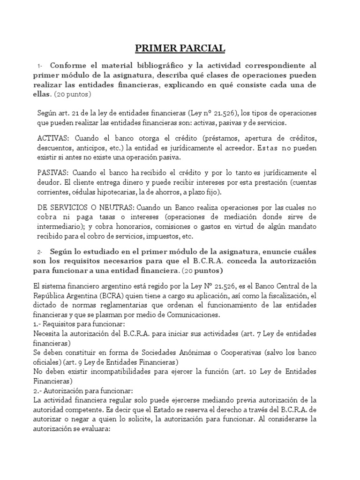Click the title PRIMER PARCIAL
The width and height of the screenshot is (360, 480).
coord(180,48)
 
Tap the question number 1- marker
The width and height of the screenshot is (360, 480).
coord(41,66)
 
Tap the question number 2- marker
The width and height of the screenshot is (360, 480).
coord(41,252)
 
